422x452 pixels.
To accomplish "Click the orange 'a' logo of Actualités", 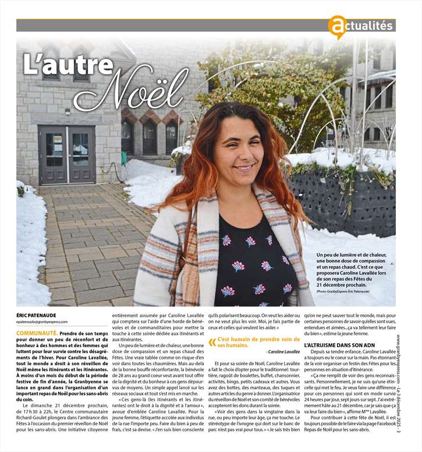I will [x=336, y=27].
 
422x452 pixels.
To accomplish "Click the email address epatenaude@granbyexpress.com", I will [x=42, y=322].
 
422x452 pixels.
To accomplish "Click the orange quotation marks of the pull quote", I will [x=212, y=342].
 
